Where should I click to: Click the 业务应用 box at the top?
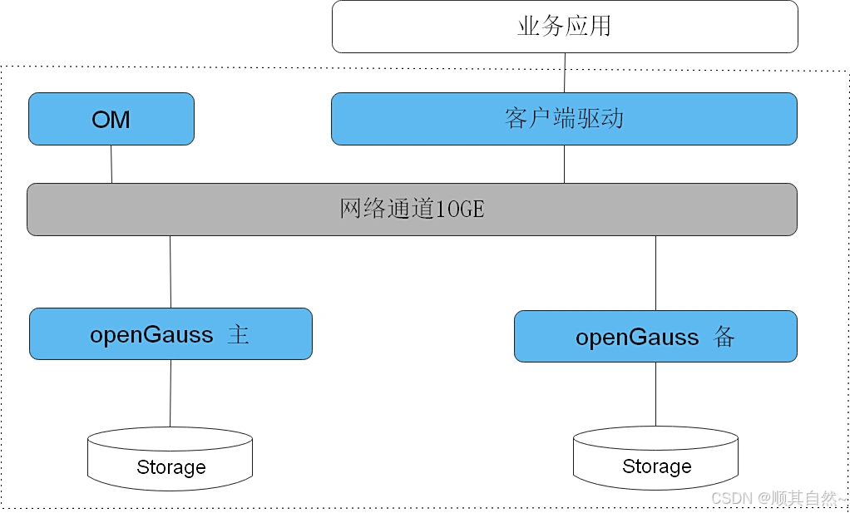pyautogui.click(x=565, y=27)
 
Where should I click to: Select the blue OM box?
pyautogui.click(x=111, y=119)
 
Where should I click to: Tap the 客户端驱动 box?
pyautogui.click(x=564, y=119)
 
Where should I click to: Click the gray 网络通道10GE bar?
pyautogui.click(x=412, y=210)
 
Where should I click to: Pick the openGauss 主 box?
pyautogui.click(x=170, y=334)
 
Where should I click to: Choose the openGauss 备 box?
pyautogui.click(x=655, y=337)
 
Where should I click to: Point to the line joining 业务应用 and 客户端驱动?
pyautogui.click(x=566, y=73)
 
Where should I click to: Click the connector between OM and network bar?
pyautogui.click(x=111, y=164)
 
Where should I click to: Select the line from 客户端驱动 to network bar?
pyautogui.click(x=565, y=164)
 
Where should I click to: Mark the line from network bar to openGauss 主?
pyautogui.click(x=170, y=272)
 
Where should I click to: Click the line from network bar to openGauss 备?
pyautogui.click(x=656, y=273)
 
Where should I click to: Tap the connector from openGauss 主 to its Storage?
pyautogui.click(x=170, y=393)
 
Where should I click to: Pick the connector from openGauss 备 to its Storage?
pyautogui.click(x=655, y=395)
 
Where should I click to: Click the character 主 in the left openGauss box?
pyautogui.click(x=239, y=335)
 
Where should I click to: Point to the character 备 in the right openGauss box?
pyautogui.click(x=724, y=337)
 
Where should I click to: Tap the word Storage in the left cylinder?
pyautogui.click(x=170, y=467)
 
